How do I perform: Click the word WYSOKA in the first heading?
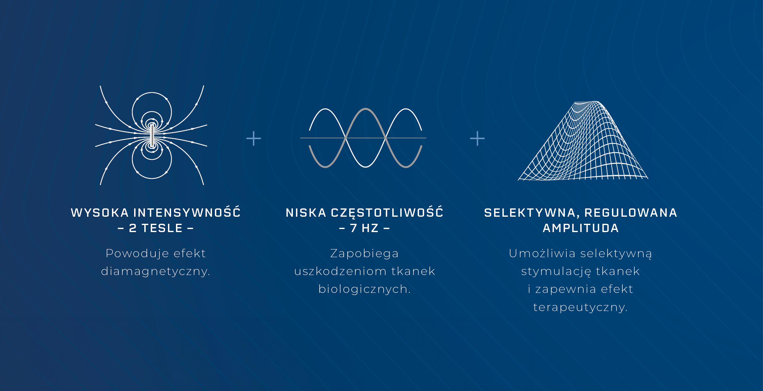pyautogui.click(x=99, y=213)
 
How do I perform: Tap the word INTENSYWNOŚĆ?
pyautogui.click(x=187, y=212)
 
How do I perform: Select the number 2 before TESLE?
pyautogui.click(x=133, y=228)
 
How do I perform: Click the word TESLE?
pyautogui.click(x=162, y=228)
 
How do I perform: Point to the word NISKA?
pyautogui.click(x=306, y=213)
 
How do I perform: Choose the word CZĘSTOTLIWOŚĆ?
pyautogui.click(x=387, y=212)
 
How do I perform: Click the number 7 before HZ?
pyautogui.click(x=354, y=228)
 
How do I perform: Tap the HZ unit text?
pyautogui.click(x=370, y=228)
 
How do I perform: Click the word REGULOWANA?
pyautogui.click(x=631, y=213)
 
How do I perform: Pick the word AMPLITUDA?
pyautogui.click(x=581, y=228)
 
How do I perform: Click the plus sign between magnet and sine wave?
pyautogui.click(x=254, y=138)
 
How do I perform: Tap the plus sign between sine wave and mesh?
pyautogui.click(x=477, y=138)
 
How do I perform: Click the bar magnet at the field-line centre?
pyautogui.click(x=152, y=135)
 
